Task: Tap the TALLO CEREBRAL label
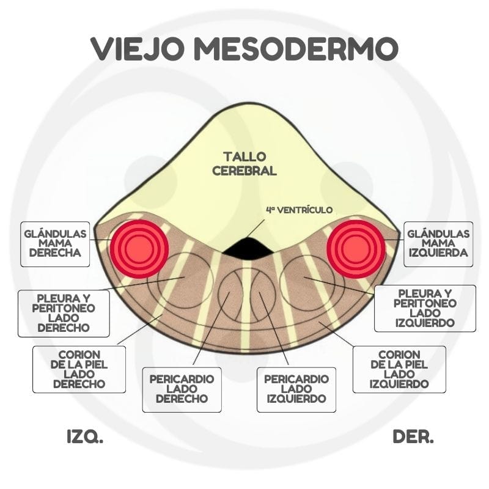pyautogui.click(x=244, y=163)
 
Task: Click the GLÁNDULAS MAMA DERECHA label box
pyautogui.click(x=54, y=244)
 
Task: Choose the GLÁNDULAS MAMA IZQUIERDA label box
pyautogui.click(x=438, y=244)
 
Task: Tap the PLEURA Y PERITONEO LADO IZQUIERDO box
pyautogui.click(x=424, y=308)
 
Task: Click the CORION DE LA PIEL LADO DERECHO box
pyautogui.click(x=79, y=369)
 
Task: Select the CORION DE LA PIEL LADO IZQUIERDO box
pyautogui.click(x=399, y=369)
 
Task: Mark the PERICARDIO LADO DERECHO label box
pyautogui.click(x=182, y=389)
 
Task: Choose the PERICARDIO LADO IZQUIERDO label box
pyautogui.click(x=296, y=389)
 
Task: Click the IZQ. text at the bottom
pyautogui.click(x=84, y=437)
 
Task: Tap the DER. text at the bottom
pyautogui.click(x=413, y=437)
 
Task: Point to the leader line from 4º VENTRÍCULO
pyautogui.click(x=258, y=226)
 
